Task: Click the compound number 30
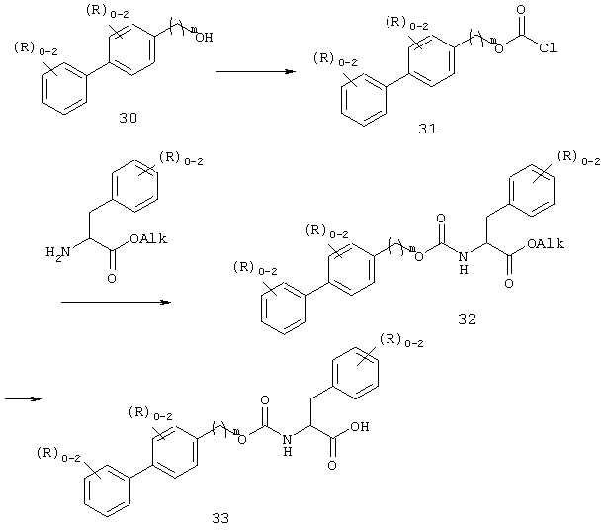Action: (x=129, y=118)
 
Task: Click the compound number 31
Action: (x=428, y=129)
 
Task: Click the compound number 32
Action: (x=468, y=319)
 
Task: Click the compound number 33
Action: (x=220, y=518)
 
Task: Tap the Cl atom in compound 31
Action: (x=548, y=47)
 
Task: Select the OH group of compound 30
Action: (x=204, y=38)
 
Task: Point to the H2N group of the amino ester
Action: (x=58, y=252)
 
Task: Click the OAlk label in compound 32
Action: (x=546, y=243)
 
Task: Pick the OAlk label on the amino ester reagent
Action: (x=148, y=238)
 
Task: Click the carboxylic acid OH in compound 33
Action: (x=360, y=426)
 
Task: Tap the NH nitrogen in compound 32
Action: (x=464, y=257)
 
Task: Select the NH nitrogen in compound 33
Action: (x=287, y=439)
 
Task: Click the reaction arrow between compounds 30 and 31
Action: (x=256, y=71)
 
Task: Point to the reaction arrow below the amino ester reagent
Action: (x=116, y=302)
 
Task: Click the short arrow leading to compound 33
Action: (x=23, y=398)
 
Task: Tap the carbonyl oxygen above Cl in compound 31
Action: (x=521, y=10)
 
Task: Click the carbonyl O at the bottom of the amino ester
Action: (x=112, y=278)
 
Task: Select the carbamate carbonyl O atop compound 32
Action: (x=441, y=219)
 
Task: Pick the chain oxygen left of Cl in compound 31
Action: (x=499, y=48)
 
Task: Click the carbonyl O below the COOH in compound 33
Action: (x=332, y=465)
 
